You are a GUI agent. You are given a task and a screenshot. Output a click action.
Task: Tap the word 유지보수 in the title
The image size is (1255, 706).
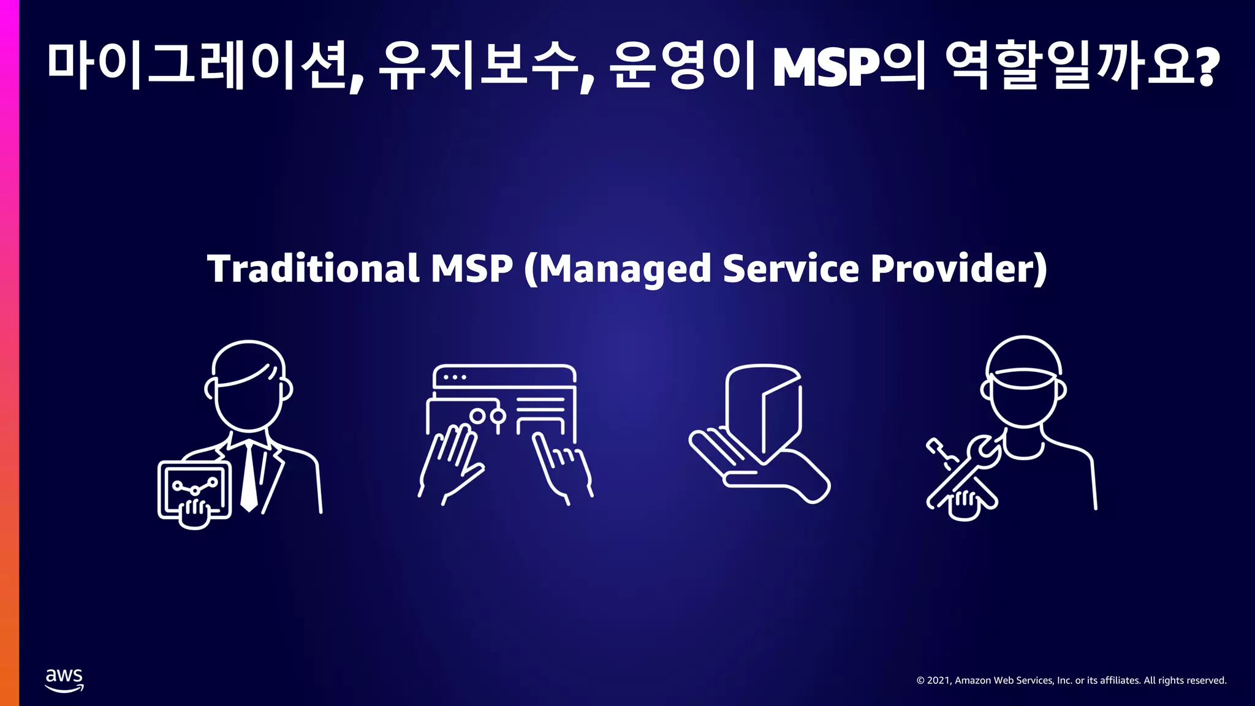pyautogui.click(x=478, y=66)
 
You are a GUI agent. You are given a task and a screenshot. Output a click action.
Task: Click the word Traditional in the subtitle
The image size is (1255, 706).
pyautogui.click(x=313, y=269)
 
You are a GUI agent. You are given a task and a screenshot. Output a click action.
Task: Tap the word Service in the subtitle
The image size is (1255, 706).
pyautogui.click(x=791, y=269)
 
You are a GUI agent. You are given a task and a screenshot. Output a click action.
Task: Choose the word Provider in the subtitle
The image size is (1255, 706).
pyautogui.click(x=953, y=269)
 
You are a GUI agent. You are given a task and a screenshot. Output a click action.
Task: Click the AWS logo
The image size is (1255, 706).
pyautogui.click(x=64, y=680)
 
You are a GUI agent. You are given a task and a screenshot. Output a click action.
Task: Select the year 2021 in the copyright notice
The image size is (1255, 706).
pyautogui.click(x=938, y=680)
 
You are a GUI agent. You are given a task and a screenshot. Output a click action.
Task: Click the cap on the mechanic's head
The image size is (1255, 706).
pyautogui.click(x=1023, y=362)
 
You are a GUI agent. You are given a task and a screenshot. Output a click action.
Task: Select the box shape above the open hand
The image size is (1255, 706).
pyautogui.click(x=764, y=411)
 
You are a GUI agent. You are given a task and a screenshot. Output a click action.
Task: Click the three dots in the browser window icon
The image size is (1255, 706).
pyautogui.click(x=454, y=378)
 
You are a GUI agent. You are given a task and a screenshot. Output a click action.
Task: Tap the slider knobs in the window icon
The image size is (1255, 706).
pyautogui.click(x=488, y=417)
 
